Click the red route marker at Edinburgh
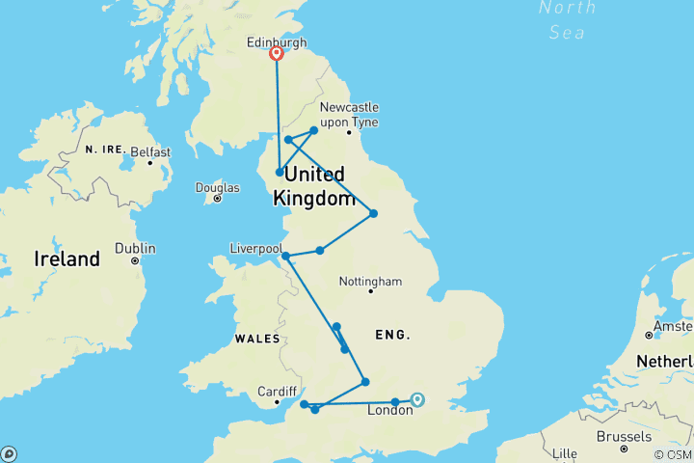tap(277, 55)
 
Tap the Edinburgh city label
tap(277, 42)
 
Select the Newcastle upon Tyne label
tap(349, 115)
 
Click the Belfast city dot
tap(150, 162)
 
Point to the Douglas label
tap(217, 187)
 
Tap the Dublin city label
tap(135, 248)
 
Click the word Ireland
tap(67, 259)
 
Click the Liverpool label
tap(255, 248)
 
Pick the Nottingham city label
tap(370, 282)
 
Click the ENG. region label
tap(394, 335)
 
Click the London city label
tap(390, 411)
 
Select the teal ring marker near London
tap(417, 399)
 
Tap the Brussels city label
tap(623, 436)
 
